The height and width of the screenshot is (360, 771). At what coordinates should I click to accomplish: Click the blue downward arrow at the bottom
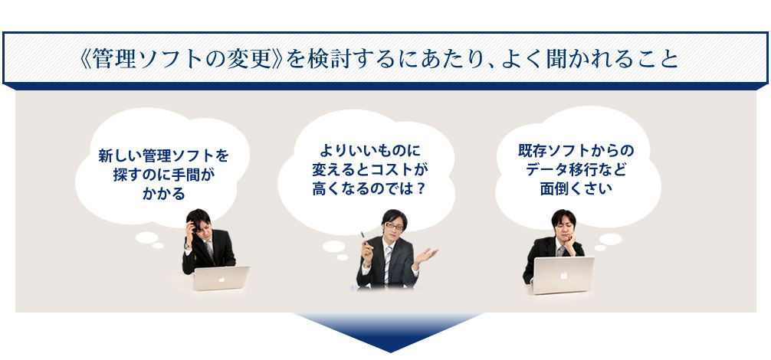389,332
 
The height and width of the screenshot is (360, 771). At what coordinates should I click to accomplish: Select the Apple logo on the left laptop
221,279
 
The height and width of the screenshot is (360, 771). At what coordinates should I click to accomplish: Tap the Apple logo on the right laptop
564,275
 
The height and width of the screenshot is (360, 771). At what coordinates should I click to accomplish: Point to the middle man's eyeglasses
394,225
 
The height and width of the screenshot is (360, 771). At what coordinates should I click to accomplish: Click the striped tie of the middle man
388,265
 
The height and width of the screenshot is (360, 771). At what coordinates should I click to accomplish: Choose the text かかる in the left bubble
164,194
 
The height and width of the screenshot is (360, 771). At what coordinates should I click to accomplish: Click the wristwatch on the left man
187,246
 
